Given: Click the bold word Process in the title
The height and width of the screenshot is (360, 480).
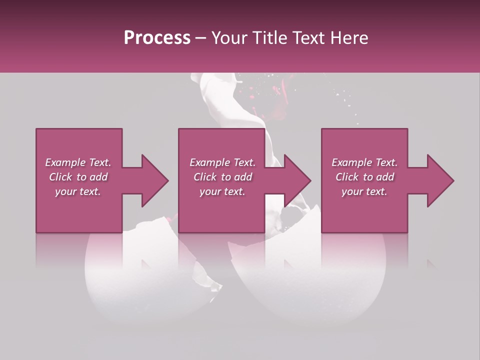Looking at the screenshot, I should (157, 38).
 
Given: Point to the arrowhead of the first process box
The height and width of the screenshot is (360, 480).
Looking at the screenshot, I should (154, 180).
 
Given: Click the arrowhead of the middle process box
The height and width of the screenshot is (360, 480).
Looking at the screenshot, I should (297, 180).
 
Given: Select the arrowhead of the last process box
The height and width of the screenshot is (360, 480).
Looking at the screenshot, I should (440, 180).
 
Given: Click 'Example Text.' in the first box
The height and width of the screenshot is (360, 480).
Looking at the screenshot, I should (78, 162).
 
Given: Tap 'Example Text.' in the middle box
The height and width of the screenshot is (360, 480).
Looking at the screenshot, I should (222, 162).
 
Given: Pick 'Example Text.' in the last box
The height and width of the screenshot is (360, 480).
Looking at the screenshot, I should (364, 162).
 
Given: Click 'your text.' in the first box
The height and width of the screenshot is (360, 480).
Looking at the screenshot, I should (78, 191).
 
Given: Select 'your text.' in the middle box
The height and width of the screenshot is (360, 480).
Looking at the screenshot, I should (222, 191).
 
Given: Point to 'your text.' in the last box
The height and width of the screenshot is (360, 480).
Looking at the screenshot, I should (364, 191).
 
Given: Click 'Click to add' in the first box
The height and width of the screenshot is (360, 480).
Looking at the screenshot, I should (78, 177).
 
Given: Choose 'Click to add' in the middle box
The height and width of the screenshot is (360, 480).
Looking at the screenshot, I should (222, 177).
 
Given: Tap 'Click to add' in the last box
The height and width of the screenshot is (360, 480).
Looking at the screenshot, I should (364, 177).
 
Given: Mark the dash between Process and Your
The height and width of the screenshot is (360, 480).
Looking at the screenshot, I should (201, 38).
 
